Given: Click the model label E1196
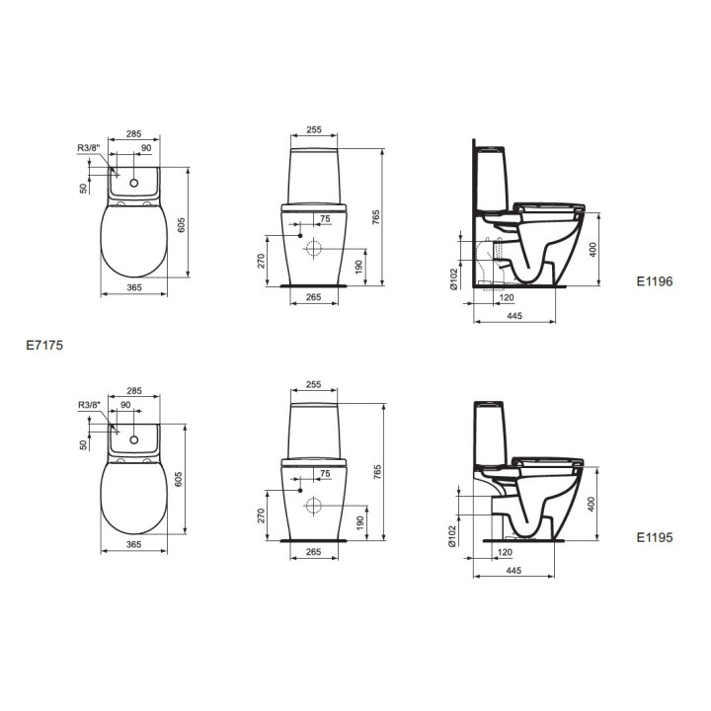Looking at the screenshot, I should click(654, 280).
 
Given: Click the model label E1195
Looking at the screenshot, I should click(654, 539).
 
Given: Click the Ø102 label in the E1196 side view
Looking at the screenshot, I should click(453, 281).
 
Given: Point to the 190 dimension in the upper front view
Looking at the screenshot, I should click(362, 267).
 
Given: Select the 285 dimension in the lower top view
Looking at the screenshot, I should click(135, 390).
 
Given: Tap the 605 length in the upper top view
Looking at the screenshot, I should click(181, 225).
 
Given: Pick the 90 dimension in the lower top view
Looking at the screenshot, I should click(125, 405).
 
